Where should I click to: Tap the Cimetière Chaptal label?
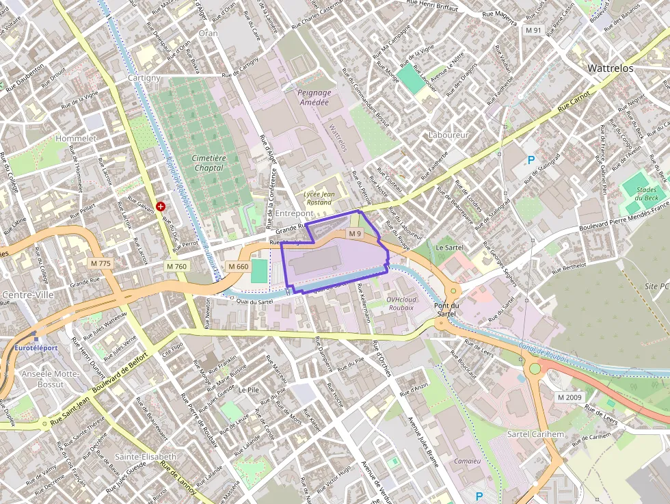(209, 163)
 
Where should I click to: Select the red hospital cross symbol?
(161, 206)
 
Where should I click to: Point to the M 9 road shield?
(353, 234)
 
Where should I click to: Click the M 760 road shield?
(176, 266)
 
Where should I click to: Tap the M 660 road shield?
(238, 266)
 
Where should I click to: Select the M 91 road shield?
(533, 31)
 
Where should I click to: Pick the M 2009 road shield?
(569, 397)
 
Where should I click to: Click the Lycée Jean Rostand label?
(318, 198)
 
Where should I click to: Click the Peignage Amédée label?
(314, 97)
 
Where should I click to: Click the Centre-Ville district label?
(24, 295)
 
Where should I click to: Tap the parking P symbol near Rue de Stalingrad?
(531, 160)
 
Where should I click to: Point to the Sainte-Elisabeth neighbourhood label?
(146, 456)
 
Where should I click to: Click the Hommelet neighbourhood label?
(77, 138)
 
